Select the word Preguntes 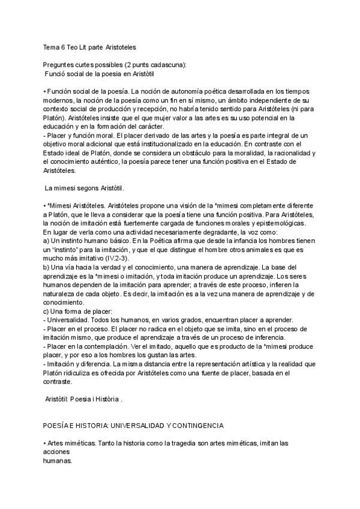coord(60,65)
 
